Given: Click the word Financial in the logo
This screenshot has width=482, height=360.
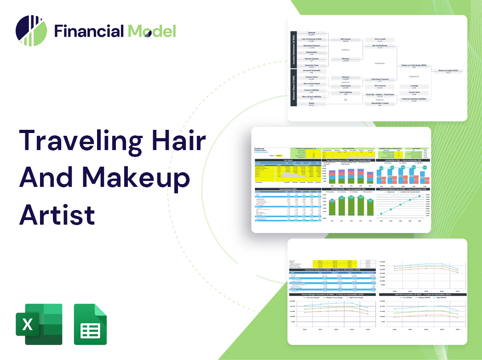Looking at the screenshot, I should click(x=89, y=31).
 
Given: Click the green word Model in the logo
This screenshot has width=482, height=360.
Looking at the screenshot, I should click(x=152, y=31).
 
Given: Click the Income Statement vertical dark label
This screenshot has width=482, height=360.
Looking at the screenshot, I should click(x=293, y=48).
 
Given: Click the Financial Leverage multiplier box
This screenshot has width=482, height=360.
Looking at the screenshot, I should click(x=414, y=100).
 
